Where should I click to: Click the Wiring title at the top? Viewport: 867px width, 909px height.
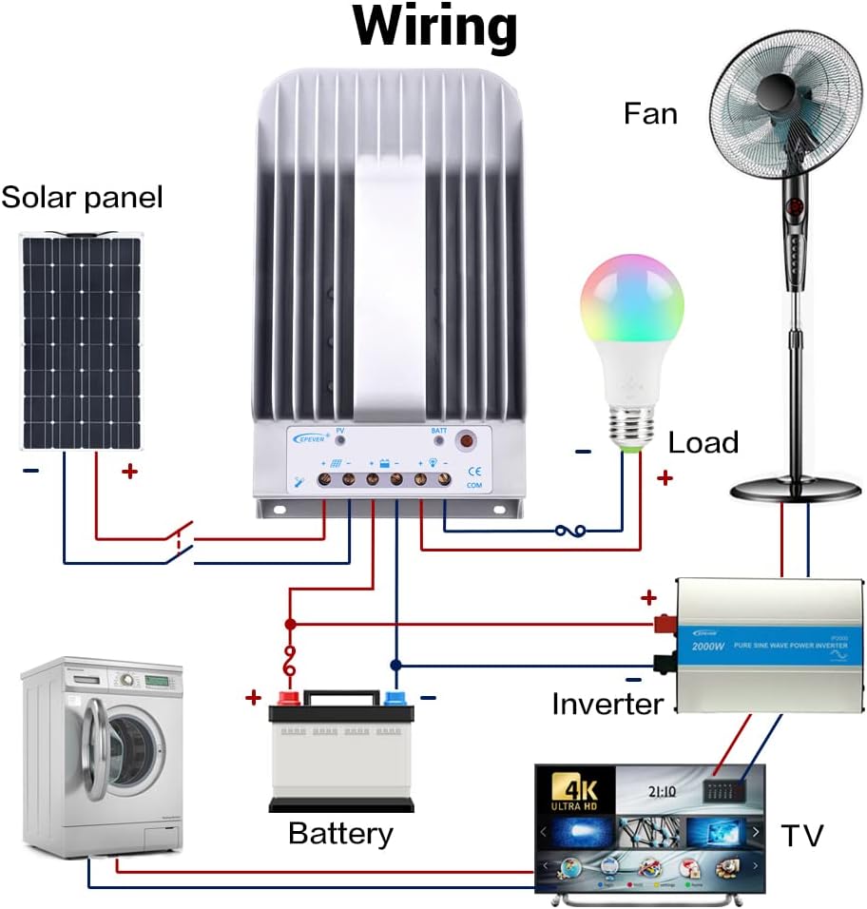[435, 29]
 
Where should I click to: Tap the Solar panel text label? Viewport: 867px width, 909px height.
[82, 198]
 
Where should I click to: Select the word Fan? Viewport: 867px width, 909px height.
[650, 114]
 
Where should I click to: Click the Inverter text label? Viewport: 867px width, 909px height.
[607, 705]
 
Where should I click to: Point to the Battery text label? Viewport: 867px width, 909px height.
[340, 834]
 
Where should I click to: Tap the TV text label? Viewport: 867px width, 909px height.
[802, 836]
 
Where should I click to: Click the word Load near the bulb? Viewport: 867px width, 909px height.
[703, 443]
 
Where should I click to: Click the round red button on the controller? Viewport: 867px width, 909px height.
[466, 440]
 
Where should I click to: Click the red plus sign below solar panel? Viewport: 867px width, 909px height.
[129, 471]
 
